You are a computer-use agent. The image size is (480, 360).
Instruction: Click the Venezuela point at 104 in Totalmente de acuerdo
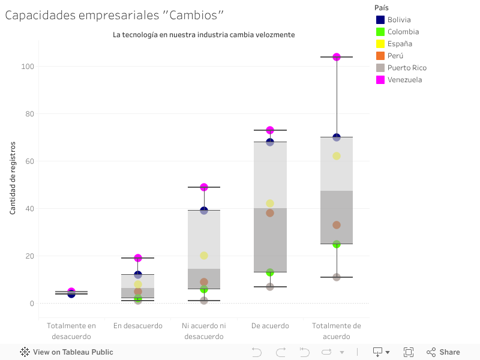[x=337, y=57]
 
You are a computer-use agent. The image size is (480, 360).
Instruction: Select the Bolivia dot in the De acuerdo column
[x=270, y=142]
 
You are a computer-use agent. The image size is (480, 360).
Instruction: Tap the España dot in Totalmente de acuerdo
[x=337, y=156]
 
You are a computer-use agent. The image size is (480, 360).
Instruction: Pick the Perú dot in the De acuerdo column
[x=270, y=213]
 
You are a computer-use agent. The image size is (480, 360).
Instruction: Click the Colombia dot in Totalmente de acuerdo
[x=337, y=244]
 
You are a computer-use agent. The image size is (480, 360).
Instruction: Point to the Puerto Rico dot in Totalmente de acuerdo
[x=337, y=277]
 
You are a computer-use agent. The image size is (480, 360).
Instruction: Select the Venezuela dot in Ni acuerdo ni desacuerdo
[x=204, y=187]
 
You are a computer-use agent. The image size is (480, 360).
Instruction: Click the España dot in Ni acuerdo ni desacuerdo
[x=204, y=256]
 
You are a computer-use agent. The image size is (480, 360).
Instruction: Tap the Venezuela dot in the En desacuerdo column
[x=138, y=258]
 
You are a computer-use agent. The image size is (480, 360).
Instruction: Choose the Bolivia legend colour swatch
[x=380, y=20]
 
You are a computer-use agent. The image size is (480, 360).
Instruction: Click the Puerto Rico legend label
[x=407, y=68]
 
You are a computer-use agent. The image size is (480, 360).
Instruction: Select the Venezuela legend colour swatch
[x=380, y=80]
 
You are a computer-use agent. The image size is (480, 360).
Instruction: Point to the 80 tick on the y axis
[x=28, y=114]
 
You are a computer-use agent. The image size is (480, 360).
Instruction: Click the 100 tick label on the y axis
[x=26, y=66]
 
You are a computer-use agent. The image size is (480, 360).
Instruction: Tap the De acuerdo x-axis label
[x=270, y=326]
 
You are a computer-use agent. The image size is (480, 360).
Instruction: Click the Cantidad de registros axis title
[x=12, y=178]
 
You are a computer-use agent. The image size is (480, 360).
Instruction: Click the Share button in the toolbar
[x=443, y=352]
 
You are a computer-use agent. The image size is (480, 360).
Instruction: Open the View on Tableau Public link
[x=67, y=352]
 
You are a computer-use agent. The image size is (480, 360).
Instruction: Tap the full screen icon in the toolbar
[x=409, y=352]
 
